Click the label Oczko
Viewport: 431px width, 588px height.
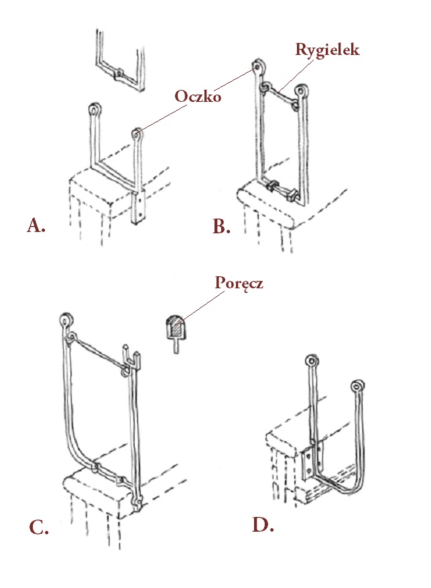tap(198, 96)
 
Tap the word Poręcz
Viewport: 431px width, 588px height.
tap(239, 283)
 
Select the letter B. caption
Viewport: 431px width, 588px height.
tap(221, 227)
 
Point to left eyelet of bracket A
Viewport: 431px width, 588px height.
tap(95, 109)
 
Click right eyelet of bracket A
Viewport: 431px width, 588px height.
tap(137, 133)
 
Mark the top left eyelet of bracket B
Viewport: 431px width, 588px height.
tap(259, 68)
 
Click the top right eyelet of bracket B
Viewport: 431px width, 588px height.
tap(302, 89)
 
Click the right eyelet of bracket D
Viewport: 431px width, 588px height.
tap(357, 387)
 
